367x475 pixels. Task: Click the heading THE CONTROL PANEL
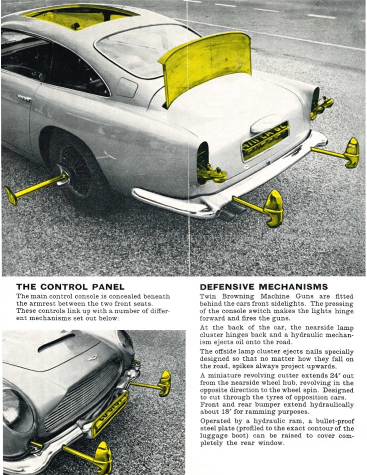click(70, 287)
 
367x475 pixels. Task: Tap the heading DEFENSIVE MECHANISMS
click(264, 287)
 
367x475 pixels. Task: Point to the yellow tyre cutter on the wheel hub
click(33, 189)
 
